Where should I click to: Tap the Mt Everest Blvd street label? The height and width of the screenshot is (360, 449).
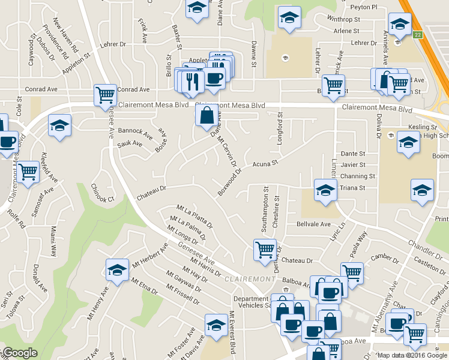coord(231,333)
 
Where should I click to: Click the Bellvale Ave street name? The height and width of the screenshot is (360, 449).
coord(313,224)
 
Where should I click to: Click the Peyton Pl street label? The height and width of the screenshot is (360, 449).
coord(365,7)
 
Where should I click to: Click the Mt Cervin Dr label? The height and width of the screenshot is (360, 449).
coord(228,151)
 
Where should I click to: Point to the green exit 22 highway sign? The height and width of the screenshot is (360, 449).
coord(417,35)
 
